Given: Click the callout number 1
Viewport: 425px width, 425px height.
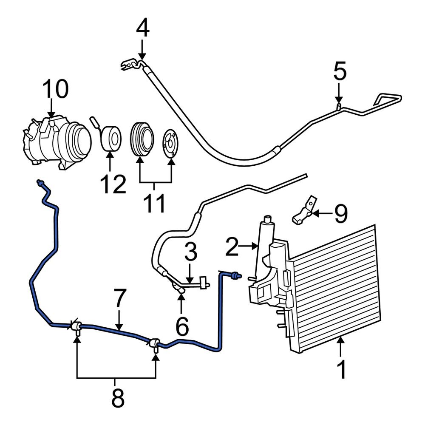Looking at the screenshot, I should point(341,369).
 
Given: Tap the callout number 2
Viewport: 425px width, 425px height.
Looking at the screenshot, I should point(232,247).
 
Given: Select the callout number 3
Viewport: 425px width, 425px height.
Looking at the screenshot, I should point(191,252).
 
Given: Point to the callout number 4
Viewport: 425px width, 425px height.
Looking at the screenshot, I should point(143,29).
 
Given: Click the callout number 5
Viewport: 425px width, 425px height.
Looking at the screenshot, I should point(340,71).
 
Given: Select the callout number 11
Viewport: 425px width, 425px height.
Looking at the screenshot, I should point(154,203).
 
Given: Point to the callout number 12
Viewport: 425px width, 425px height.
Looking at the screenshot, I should point(113,184).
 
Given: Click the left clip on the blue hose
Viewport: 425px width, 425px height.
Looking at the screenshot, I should point(76,327).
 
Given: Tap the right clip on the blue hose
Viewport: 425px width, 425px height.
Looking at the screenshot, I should point(155,344).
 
